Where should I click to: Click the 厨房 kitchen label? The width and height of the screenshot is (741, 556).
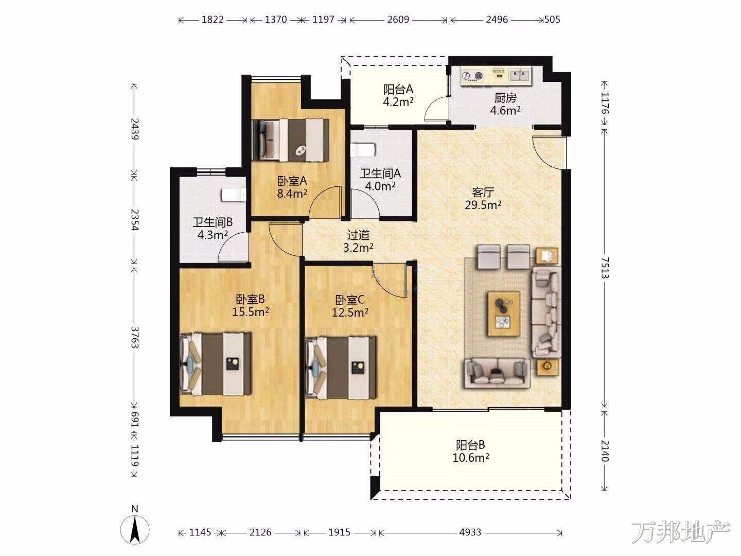coord(505,98)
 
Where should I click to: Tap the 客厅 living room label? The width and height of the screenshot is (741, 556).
coord(483,193)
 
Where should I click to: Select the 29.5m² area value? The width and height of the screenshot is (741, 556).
coord(483,205)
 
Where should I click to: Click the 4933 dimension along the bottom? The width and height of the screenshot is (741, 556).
coord(470,532)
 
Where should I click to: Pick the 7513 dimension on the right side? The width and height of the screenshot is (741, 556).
coord(605,268)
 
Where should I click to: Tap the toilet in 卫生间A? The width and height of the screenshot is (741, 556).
coord(363,150)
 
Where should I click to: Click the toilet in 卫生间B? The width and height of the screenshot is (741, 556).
coord(234,195)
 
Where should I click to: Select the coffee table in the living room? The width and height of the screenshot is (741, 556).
coord(503,314)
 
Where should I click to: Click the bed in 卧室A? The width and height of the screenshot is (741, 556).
coord(290,140)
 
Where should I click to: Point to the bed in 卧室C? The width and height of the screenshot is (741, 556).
coord(340,367)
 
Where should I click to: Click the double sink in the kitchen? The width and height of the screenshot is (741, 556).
coord(520,75)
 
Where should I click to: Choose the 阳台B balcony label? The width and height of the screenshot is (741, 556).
coord(470,445)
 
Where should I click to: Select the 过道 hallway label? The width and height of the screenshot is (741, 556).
coord(358,235)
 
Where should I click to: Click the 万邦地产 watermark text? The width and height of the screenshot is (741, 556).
coord(681,532)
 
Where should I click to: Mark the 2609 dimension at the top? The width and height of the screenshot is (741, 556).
coord(398,20)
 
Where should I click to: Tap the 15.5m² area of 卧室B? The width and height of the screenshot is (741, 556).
coord(251,311)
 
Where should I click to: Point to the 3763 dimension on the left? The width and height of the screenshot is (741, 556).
coord(135,337)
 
